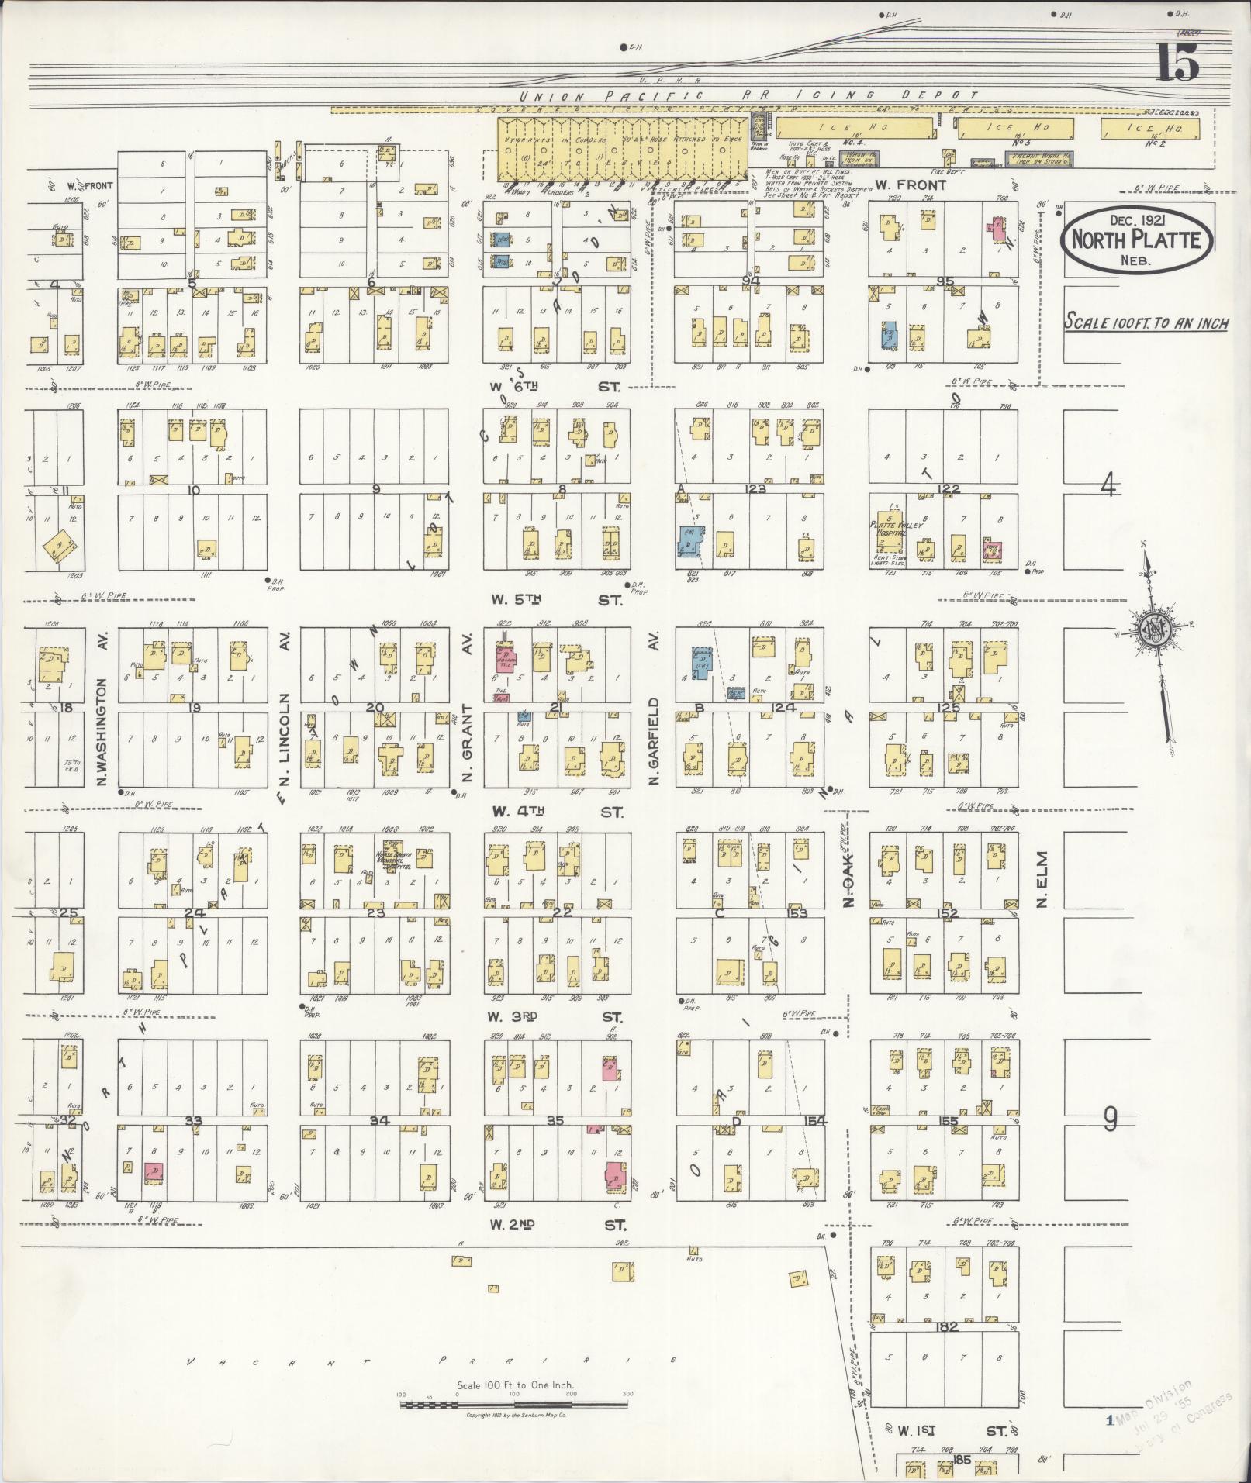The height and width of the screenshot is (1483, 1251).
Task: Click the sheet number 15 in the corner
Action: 1178,63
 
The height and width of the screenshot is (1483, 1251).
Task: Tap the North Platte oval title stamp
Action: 1136,240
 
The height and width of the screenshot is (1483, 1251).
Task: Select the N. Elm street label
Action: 1041,879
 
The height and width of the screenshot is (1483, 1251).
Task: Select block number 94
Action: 749,280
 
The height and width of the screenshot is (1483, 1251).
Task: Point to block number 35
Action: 555,1120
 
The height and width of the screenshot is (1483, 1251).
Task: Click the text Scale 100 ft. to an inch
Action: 1146,322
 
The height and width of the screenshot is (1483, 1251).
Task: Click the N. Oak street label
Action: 848,881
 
